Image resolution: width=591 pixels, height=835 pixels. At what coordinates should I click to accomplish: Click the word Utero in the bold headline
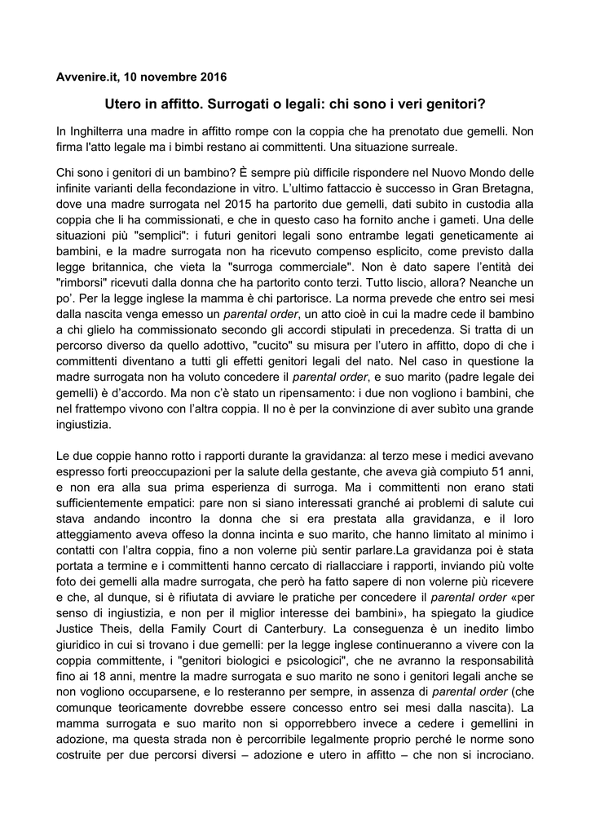pyautogui.click(x=123, y=104)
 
